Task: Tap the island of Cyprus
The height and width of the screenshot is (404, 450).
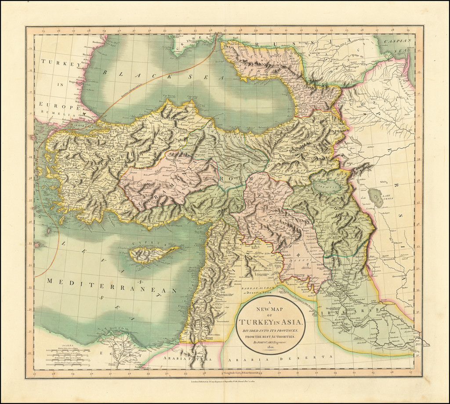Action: click(152, 254)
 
